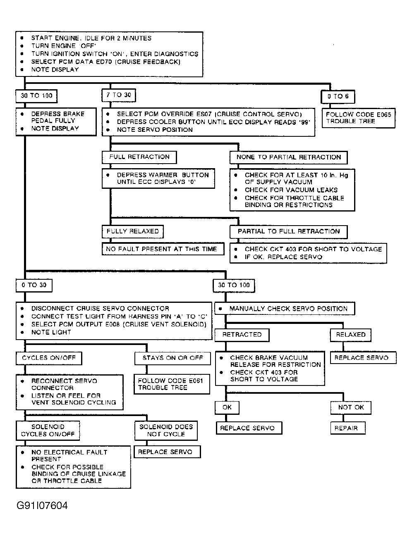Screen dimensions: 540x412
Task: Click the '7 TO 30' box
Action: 119,95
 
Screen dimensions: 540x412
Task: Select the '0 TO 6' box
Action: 338,97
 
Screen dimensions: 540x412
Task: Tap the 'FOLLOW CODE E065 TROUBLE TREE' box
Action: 358,118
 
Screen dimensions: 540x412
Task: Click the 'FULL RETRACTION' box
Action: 139,157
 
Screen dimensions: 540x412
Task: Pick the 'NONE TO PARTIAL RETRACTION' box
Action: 288,157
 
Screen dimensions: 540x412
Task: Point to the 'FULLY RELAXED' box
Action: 132,231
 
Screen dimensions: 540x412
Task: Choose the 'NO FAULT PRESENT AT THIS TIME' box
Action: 163,249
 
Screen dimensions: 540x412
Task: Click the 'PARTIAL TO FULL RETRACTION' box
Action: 288,231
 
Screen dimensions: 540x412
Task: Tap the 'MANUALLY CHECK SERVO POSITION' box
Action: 284,309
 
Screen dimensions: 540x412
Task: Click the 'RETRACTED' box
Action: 242,335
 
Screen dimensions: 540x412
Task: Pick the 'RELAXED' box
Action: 350,335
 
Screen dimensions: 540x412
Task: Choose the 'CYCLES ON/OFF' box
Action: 49,358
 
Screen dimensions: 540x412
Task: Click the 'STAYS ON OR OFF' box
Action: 172,358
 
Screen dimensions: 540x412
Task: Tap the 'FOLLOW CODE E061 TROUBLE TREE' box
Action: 172,384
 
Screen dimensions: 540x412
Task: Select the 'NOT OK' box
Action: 351,407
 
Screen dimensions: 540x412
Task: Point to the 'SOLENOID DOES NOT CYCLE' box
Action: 165,431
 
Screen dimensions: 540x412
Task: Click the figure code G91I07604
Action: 42,506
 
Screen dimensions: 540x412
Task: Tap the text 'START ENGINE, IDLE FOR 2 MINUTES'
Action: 91,38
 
